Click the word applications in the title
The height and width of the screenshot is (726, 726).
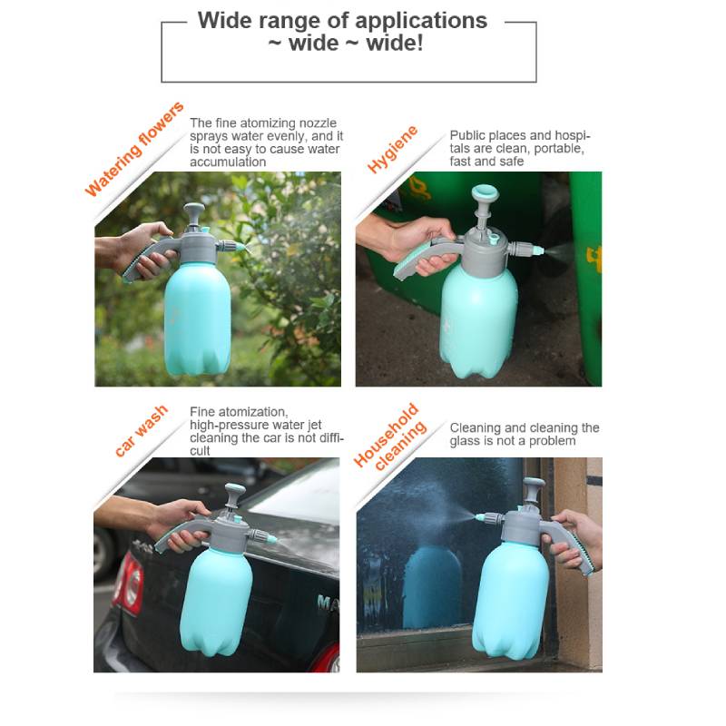pyautogui.click(x=419, y=20)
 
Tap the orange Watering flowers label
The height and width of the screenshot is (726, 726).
pyautogui.click(x=134, y=150)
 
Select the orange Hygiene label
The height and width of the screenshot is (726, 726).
pyautogui.click(x=393, y=150)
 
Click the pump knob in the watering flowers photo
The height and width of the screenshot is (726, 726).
pyautogui.click(x=193, y=211)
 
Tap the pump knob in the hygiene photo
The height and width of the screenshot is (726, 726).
pyautogui.click(x=482, y=194)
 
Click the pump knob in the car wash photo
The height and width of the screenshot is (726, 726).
pyautogui.click(x=235, y=494)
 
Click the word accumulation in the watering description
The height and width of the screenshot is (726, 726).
pyautogui.click(x=228, y=162)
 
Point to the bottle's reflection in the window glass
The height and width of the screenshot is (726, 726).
pyautogui.click(x=431, y=581)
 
